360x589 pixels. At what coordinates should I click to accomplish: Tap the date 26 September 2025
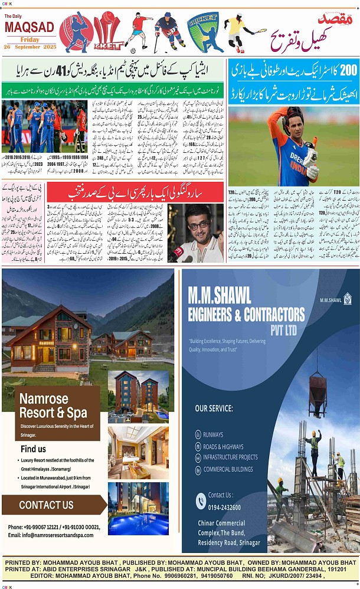(x=29, y=46)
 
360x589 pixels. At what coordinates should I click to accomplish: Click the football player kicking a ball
(x=139, y=31)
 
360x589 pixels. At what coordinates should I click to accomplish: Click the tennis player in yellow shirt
(x=238, y=32)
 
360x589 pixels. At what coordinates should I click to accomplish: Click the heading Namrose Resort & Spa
(x=53, y=405)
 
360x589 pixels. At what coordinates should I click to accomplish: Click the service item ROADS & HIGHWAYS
(x=222, y=446)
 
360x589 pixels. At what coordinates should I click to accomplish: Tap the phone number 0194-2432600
(x=224, y=508)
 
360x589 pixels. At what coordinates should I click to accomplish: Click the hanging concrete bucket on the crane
(x=317, y=390)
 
